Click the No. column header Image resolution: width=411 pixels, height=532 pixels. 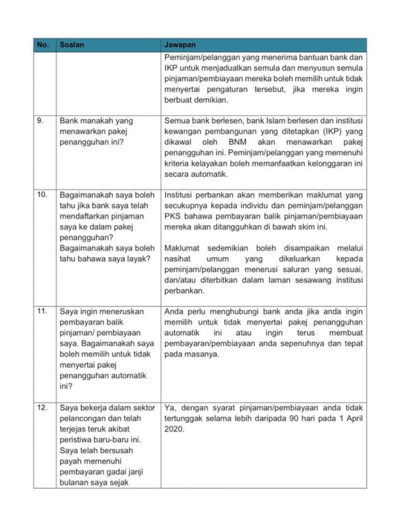click(x=42, y=45)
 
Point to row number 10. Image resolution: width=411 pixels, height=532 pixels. click(x=42, y=195)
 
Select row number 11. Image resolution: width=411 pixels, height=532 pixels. click(x=42, y=311)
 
